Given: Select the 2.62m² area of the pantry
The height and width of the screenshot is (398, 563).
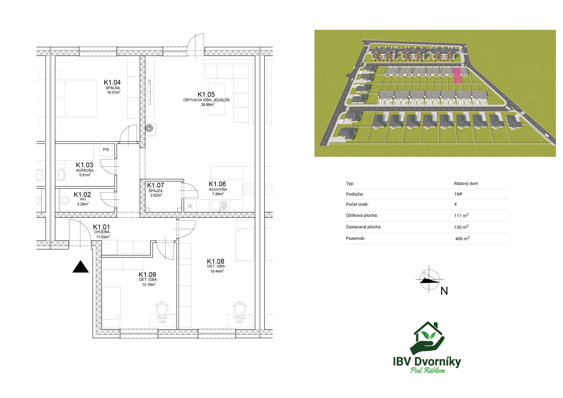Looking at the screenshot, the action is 156,195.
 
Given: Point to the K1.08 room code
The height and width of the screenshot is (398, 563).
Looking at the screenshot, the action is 216,261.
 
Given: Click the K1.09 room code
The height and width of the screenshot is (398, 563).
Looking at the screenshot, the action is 147,274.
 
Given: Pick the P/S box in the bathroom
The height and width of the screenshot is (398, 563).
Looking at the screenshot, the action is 106,150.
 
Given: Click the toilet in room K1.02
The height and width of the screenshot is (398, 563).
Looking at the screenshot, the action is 65,201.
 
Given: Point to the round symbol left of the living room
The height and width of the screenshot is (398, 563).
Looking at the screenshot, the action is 149,128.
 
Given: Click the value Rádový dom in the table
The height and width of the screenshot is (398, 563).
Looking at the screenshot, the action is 466,184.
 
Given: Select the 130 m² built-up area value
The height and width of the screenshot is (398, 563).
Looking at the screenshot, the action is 461,227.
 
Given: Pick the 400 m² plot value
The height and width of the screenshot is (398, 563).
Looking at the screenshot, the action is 462,239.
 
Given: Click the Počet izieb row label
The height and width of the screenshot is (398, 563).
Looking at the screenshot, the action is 357,204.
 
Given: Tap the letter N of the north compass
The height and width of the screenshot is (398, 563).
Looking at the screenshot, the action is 444,291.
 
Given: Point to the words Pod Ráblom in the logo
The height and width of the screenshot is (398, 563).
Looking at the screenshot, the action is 427,370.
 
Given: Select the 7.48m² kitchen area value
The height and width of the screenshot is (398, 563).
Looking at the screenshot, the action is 218,194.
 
